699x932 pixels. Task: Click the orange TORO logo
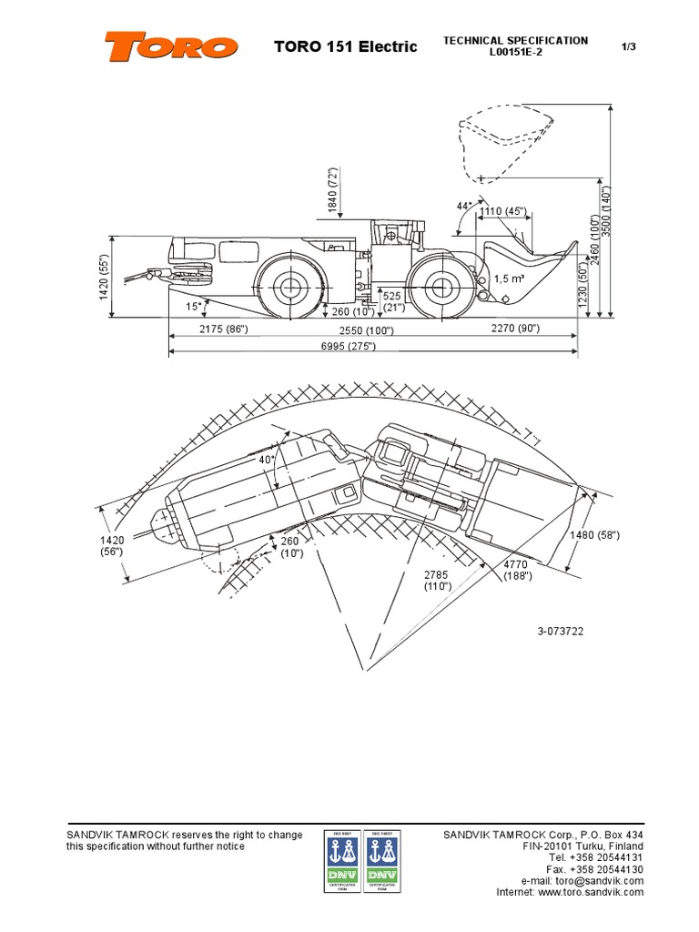tap(171, 46)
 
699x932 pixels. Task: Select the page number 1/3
tap(627, 46)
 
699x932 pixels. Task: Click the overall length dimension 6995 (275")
tap(347, 347)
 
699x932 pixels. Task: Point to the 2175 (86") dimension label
tap(222, 328)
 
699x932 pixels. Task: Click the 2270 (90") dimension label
tap(515, 328)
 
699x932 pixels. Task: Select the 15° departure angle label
tap(193, 306)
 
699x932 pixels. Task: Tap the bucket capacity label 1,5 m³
tap(510, 279)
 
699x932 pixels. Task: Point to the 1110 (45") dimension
tap(503, 212)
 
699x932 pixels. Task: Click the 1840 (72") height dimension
tap(333, 194)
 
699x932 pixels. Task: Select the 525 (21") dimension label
tap(392, 302)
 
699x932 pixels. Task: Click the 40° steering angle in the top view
tap(267, 460)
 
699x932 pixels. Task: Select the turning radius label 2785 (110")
tap(438, 581)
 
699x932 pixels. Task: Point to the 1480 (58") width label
tap(595, 535)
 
